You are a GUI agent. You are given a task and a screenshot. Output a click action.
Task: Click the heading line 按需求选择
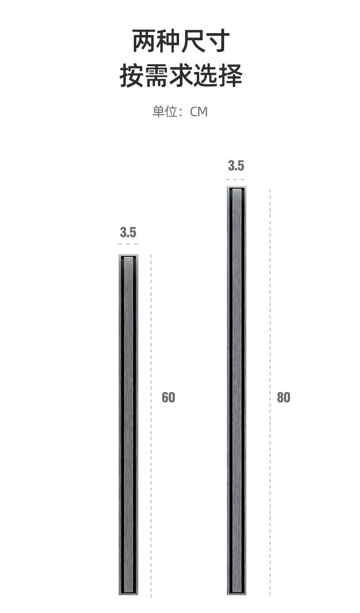[x=181, y=75]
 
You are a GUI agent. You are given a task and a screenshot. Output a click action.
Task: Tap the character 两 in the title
[x=144, y=41]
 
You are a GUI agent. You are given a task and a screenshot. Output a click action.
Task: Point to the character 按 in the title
[x=132, y=75]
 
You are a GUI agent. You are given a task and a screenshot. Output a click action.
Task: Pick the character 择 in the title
[x=230, y=75]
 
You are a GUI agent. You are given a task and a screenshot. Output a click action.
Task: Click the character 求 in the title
[x=181, y=75]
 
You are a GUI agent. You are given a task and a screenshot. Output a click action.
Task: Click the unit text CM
[x=199, y=112]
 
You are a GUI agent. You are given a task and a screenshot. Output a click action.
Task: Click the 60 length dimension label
[x=168, y=397]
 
